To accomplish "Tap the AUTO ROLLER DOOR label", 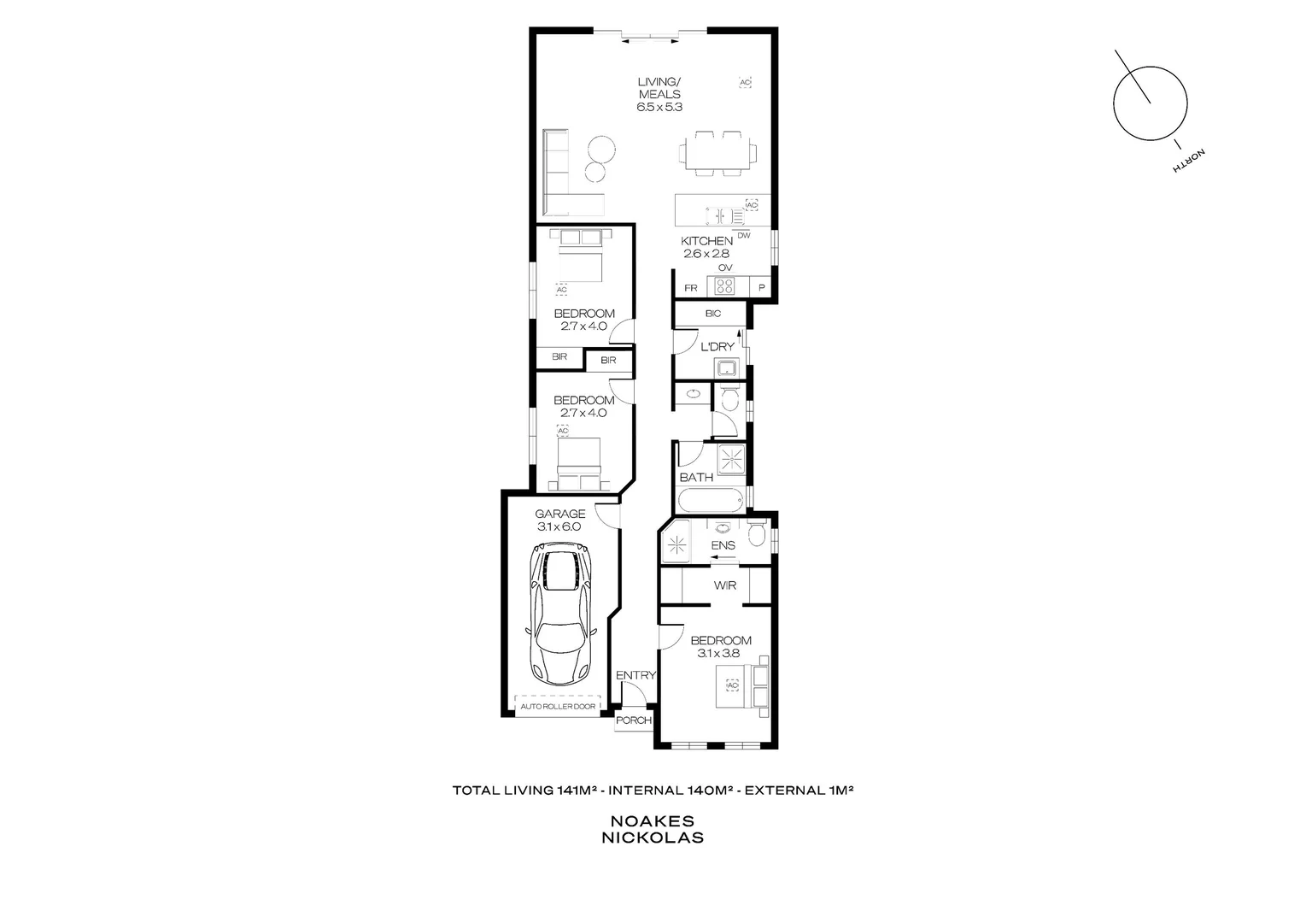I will pyautogui.click(x=559, y=707).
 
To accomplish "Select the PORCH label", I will pyautogui.click(x=634, y=720).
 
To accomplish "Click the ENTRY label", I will pyautogui.click(x=635, y=675).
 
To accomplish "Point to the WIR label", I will pyautogui.click(x=725, y=585).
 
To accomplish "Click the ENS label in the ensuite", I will pyautogui.click(x=723, y=545).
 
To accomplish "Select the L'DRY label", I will pyautogui.click(x=717, y=347).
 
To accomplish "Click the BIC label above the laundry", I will pyautogui.click(x=713, y=314).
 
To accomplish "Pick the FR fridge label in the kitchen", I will pyautogui.click(x=690, y=288).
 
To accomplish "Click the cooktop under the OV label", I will pyautogui.click(x=725, y=286).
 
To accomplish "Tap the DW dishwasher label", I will pyautogui.click(x=743, y=236).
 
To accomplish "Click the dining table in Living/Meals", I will pyautogui.click(x=717, y=154).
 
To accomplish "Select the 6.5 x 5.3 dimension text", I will pyautogui.click(x=659, y=108).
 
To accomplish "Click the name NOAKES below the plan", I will pyautogui.click(x=653, y=821).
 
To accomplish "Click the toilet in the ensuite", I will pyautogui.click(x=756, y=535).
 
